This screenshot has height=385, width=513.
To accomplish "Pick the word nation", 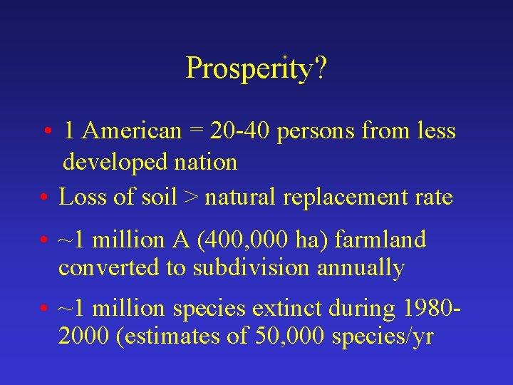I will (x=207, y=163).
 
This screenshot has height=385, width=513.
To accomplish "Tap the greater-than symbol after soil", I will (x=190, y=197).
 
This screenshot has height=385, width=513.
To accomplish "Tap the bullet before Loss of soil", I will (x=44, y=197).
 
